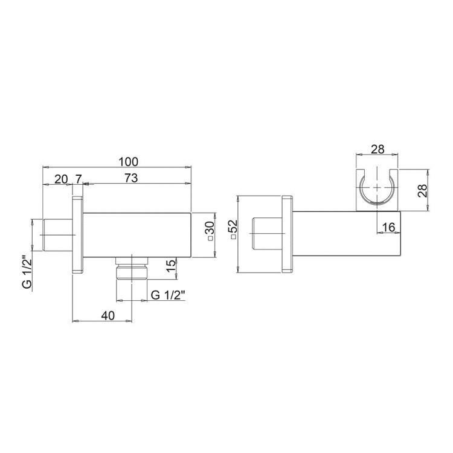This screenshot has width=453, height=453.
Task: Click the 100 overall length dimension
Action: click(x=129, y=161)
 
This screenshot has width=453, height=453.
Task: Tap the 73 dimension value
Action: click(x=131, y=178)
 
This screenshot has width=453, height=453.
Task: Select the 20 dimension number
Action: click(x=61, y=179)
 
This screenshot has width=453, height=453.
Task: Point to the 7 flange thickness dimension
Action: click(x=79, y=179)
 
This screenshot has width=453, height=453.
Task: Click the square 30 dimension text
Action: click(x=210, y=231)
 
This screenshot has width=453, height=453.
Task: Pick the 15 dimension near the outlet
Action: click(x=171, y=265)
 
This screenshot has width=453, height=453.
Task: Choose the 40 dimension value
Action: click(x=108, y=315)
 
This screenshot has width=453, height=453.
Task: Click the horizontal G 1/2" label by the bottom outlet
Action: click(x=168, y=295)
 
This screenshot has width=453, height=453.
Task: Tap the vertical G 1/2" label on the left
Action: click(x=27, y=272)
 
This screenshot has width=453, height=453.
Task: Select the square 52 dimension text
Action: click(x=233, y=230)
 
